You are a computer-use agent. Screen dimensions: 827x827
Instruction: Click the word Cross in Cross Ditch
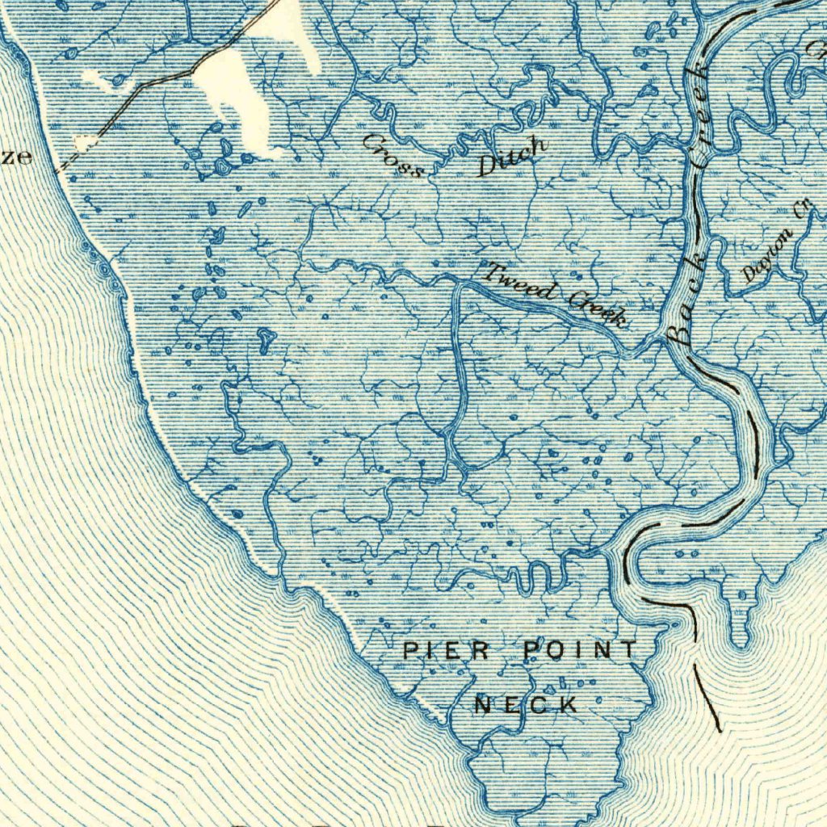point(393,155)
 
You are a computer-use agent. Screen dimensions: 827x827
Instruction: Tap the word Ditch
point(512,156)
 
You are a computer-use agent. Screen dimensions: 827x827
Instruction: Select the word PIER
point(447,650)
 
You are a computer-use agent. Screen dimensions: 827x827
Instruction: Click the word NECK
point(526,705)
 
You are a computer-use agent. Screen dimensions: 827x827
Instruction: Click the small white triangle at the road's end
point(82,144)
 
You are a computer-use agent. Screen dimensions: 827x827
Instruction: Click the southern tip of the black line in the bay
point(719,730)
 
